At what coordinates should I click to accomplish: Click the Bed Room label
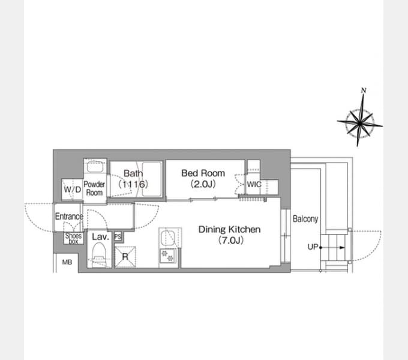[203, 173]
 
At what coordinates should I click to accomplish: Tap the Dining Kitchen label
[229, 229]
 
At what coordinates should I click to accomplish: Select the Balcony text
[305, 219]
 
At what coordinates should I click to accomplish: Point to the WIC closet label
[254, 184]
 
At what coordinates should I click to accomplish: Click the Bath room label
[133, 173]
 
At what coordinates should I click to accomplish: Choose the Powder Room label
[94, 188]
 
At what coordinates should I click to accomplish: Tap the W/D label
[73, 189]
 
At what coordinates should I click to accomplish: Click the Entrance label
[69, 217]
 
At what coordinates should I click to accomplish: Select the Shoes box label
[74, 238]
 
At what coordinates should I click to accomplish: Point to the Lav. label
[100, 237]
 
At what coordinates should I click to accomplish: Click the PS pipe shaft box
[118, 237]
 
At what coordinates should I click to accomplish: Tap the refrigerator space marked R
[125, 257]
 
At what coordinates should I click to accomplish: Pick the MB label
[67, 262]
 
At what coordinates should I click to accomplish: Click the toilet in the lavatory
[99, 254]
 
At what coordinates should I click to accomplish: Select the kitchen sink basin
[169, 237]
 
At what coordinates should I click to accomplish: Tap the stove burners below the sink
[167, 256]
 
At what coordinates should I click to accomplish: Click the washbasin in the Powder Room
[95, 167]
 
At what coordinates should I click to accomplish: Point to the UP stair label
[313, 247]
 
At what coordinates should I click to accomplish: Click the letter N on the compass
[364, 91]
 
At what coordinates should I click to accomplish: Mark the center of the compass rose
[360, 122]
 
